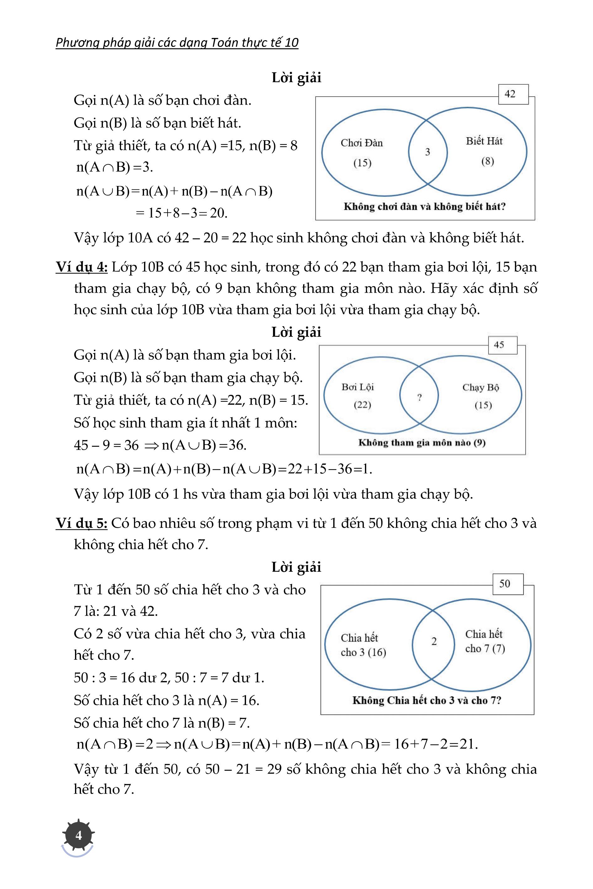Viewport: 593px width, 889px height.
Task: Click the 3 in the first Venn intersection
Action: pos(427,152)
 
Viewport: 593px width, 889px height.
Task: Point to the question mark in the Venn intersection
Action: pos(419,397)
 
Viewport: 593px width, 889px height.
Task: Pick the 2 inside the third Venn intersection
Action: pos(434,641)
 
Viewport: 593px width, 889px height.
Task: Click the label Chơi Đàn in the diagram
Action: pos(361,143)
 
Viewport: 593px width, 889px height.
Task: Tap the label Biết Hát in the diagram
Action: pos(484,141)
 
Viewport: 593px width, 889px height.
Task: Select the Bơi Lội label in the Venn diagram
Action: pos(357,387)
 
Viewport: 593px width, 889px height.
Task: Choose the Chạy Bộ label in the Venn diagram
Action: pos(481,387)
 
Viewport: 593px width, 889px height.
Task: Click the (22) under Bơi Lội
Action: pos(362,405)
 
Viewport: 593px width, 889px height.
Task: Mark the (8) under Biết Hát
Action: pos(488,161)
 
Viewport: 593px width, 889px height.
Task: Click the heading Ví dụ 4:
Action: pos(82,267)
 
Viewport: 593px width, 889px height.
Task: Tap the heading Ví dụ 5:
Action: pos(82,523)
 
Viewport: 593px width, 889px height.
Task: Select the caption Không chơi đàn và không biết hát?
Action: pos(424,206)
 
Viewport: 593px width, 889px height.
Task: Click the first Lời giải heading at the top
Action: pos(296,77)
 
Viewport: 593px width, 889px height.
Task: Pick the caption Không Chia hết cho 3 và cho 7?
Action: pos(427,701)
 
